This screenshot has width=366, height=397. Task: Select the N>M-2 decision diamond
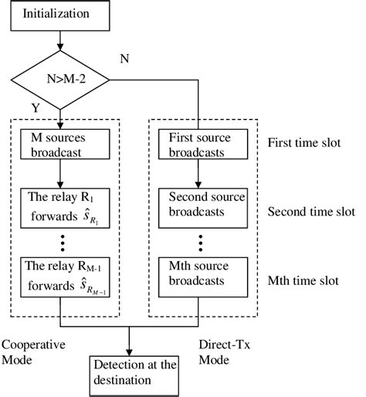(59, 80)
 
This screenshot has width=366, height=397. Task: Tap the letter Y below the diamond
(34, 108)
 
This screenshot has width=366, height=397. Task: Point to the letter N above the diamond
(124, 58)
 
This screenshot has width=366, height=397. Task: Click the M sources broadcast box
(59, 144)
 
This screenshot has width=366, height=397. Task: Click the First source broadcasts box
(198, 144)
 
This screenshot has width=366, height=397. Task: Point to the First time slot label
(305, 144)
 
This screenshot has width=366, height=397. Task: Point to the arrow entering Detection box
(129, 344)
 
